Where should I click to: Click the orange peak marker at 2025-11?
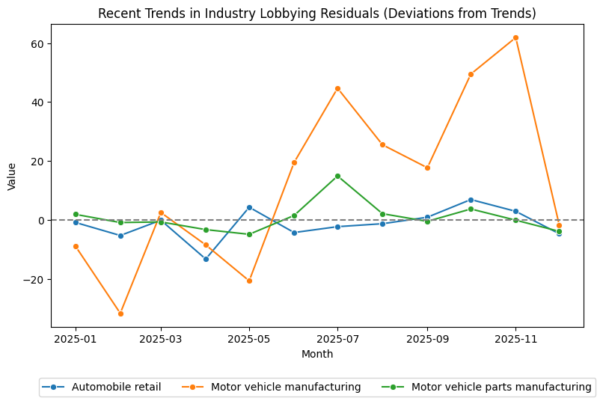(x=515, y=37)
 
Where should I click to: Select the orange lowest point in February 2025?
(x=120, y=313)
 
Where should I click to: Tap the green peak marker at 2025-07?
(x=337, y=176)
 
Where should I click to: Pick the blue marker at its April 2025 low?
(x=206, y=259)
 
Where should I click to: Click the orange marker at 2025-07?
(x=337, y=88)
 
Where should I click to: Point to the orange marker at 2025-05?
(x=249, y=281)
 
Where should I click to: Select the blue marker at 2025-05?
(x=249, y=207)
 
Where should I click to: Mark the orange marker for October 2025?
(x=471, y=74)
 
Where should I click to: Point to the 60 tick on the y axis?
(x=37, y=43)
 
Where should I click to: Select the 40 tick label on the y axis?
(x=37, y=102)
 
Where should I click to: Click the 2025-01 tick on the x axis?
(x=76, y=338)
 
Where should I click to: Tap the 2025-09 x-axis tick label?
(x=427, y=338)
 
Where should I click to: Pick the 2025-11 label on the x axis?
(x=515, y=338)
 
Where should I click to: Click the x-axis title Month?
(x=317, y=354)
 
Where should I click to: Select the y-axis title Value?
(x=12, y=176)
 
